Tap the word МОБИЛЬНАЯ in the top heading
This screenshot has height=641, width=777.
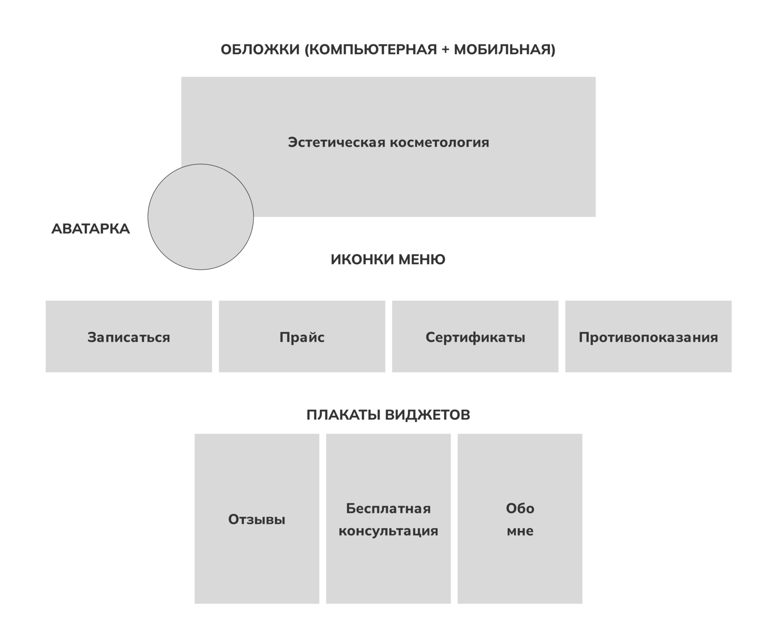[x=504, y=49]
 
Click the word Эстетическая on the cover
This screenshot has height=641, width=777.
[x=336, y=142]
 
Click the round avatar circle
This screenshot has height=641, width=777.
[x=201, y=216]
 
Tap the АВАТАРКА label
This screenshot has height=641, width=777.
[x=91, y=229]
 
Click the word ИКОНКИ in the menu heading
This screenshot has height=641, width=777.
[x=362, y=260]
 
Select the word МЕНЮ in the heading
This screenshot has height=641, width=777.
[x=422, y=260]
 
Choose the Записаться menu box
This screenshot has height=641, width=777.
[x=129, y=337]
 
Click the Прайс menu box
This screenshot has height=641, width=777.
[x=302, y=337]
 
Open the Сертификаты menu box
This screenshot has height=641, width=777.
[x=475, y=337]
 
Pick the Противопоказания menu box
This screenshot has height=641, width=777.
[x=648, y=337]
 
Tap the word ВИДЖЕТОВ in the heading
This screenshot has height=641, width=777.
[x=427, y=415]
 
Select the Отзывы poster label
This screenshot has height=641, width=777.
[x=257, y=519]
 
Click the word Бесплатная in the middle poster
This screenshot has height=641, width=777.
[x=388, y=509]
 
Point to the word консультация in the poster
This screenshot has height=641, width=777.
[x=388, y=531]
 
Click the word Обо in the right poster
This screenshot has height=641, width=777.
[x=520, y=509]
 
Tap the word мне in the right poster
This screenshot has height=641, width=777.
[x=520, y=531]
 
